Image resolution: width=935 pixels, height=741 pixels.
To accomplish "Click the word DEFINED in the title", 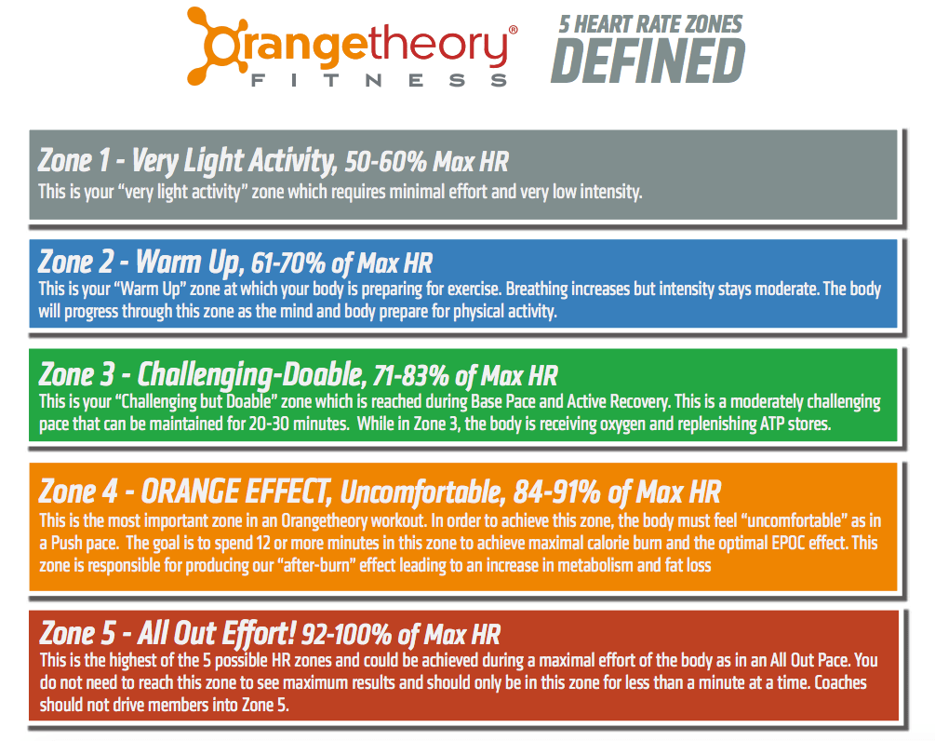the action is click(x=648, y=61).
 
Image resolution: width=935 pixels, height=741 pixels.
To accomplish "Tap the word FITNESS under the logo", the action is click(x=380, y=81).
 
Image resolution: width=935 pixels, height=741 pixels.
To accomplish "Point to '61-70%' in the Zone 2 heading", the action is click(x=288, y=263).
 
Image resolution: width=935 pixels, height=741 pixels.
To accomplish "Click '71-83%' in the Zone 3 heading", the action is click(x=411, y=376).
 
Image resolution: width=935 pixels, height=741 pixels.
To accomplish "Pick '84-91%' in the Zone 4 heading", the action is click(x=557, y=492).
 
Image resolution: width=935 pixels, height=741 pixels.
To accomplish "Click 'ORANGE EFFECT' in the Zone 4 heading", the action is click(x=235, y=492).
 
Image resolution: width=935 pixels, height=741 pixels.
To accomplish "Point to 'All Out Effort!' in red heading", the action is click(x=217, y=633).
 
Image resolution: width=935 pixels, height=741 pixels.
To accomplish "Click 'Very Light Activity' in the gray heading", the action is click(x=234, y=161).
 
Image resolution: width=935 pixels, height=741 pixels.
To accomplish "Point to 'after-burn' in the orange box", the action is click(x=318, y=566).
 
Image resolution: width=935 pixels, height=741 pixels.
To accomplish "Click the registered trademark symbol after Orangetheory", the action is click(x=513, y=30).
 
